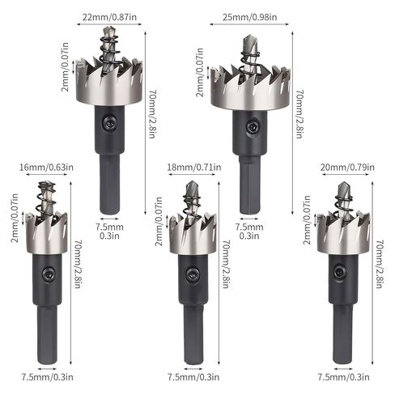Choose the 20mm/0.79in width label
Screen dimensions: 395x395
347,168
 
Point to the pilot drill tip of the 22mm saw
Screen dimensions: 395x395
108,32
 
